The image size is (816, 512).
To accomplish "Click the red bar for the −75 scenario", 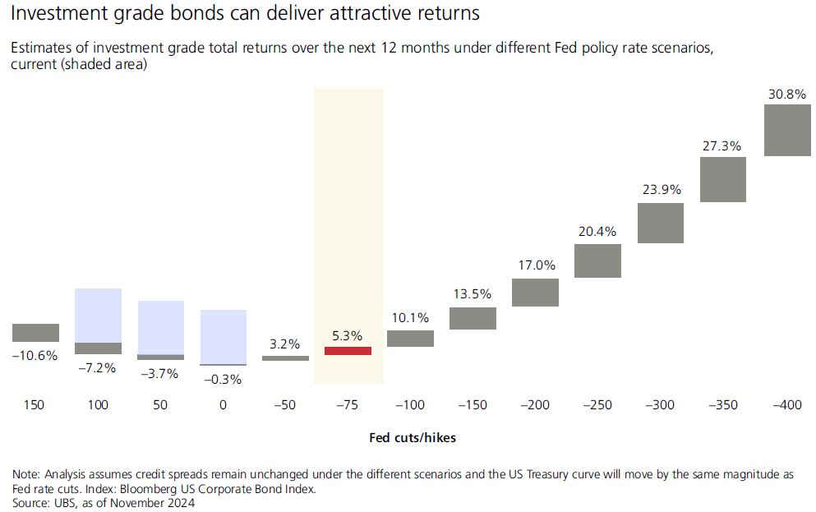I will click(x=348, y=351).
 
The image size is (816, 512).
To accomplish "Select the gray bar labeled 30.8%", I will click(x=787, y=130).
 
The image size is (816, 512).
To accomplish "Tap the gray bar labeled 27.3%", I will click(x=723, y=179).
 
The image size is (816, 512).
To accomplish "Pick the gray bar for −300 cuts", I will click(x=661, y=223).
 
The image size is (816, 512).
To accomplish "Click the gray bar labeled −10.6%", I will click(x=35, y=332).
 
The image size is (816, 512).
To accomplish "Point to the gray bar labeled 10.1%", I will click(x=410, y=338).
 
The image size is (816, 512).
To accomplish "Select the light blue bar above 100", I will click(x=98, y=315).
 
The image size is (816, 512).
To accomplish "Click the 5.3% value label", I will click(x=347, y=335).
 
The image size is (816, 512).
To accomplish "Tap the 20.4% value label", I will click(x=597, y=232).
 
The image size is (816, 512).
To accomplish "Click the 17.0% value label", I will click(x=536, y=265).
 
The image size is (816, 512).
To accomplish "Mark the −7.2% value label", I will click(x=97, y=367).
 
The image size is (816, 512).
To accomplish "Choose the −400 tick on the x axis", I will click(x=787, y=405).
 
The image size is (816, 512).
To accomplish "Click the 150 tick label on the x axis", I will click(x=35, y=405).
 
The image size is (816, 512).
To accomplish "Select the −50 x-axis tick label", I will click(x=284, y=405).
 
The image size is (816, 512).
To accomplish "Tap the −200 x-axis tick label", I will click(x=536, y=405).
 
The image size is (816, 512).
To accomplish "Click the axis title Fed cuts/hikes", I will click(x=413, y=438).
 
